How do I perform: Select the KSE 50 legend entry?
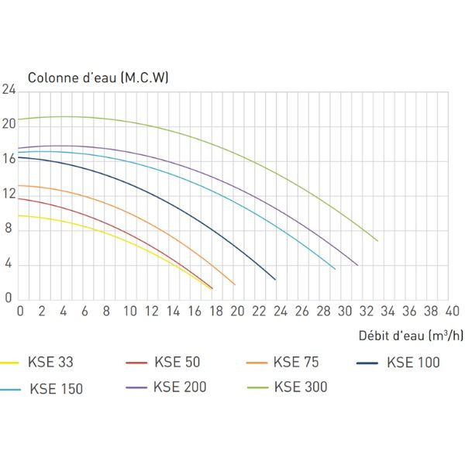(x=177, y=362)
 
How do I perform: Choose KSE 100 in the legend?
(x=413, y=362)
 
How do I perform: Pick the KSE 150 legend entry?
(x=56, y=389)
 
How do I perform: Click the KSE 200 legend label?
(x=179, y=387)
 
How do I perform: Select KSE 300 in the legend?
(x=301, y=387)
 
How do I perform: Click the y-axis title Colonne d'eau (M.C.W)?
(x=98, y=77)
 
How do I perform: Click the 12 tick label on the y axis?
(x=9, y=195)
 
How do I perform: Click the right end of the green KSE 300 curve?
(x=377, y=240)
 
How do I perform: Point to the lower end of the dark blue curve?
(x=275, y=279)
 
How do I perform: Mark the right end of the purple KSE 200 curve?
(x=357, y=265)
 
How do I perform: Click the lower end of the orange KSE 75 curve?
(x=235, y=284)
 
